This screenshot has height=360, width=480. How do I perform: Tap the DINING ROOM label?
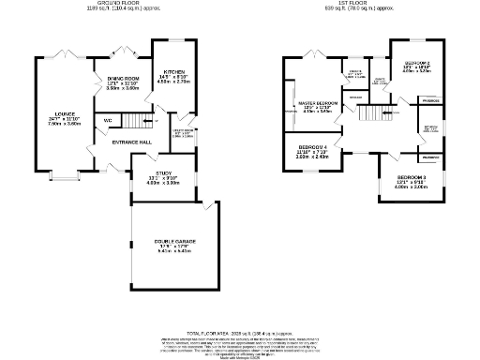pos(123,79)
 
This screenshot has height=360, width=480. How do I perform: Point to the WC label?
pos(109,121)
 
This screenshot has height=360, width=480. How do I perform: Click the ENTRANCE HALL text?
pos(131,142)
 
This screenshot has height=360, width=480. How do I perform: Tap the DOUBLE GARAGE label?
pos(173,242)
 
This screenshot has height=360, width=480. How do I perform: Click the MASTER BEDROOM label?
pos(319,102)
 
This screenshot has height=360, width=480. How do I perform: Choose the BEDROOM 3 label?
pos(412,177)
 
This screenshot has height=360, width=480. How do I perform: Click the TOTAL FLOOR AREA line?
pos(240,333)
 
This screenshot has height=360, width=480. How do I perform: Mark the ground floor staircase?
pos(142,120)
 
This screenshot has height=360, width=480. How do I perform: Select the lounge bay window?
pos(65,174)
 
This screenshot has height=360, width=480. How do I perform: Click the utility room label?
pos(182,132)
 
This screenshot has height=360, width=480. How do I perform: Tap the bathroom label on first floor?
pos(432,128)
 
